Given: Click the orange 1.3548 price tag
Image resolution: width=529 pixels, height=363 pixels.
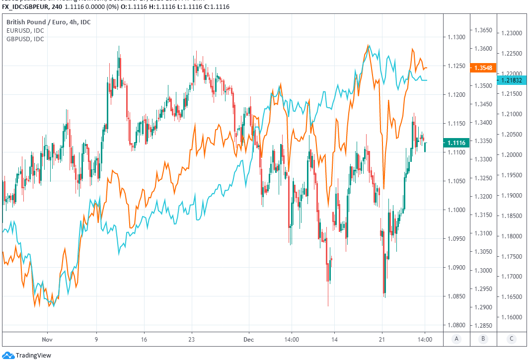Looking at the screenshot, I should click(483, 68).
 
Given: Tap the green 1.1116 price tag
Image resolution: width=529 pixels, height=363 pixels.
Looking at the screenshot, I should click(456, 143).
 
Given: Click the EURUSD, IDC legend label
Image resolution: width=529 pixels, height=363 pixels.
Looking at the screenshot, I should click(25, 31).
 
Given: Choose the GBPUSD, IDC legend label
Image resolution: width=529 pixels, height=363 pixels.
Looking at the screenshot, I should click(25, 39).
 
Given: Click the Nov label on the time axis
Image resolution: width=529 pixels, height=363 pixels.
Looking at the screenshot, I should click(47, 340).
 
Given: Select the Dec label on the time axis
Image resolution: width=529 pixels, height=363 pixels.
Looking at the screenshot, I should click(249, 340).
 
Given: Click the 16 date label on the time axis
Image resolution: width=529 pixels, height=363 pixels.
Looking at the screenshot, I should click(144, 340).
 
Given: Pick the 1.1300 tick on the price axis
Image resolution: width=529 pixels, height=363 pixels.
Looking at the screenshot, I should click(455, 37).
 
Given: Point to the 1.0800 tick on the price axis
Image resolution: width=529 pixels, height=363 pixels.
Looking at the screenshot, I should click(455, 325).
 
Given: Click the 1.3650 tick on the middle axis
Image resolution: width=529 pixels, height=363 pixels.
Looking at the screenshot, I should click(483, 30).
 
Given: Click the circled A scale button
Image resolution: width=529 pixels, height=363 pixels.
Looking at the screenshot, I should click(456, 339).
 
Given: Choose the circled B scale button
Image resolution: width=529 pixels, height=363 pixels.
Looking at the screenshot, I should click(483, 339).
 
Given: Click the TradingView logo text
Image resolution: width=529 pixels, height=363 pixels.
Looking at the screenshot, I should click(33, 355).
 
